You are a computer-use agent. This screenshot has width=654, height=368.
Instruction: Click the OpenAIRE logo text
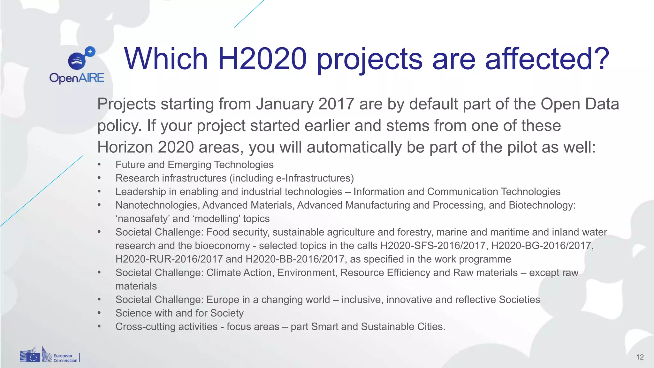tap(77, 78)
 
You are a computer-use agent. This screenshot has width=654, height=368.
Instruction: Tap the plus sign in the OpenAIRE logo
tap(90, 51)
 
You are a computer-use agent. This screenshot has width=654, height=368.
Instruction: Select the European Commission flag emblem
tap(30, 357)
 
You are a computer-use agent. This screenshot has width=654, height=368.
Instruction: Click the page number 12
tap(640, 357)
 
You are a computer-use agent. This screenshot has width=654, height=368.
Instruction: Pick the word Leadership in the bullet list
tap(141, 192)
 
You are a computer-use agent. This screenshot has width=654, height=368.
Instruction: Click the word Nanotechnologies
tap(157, 205)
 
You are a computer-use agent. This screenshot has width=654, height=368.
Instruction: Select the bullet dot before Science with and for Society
tap(99, 313)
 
